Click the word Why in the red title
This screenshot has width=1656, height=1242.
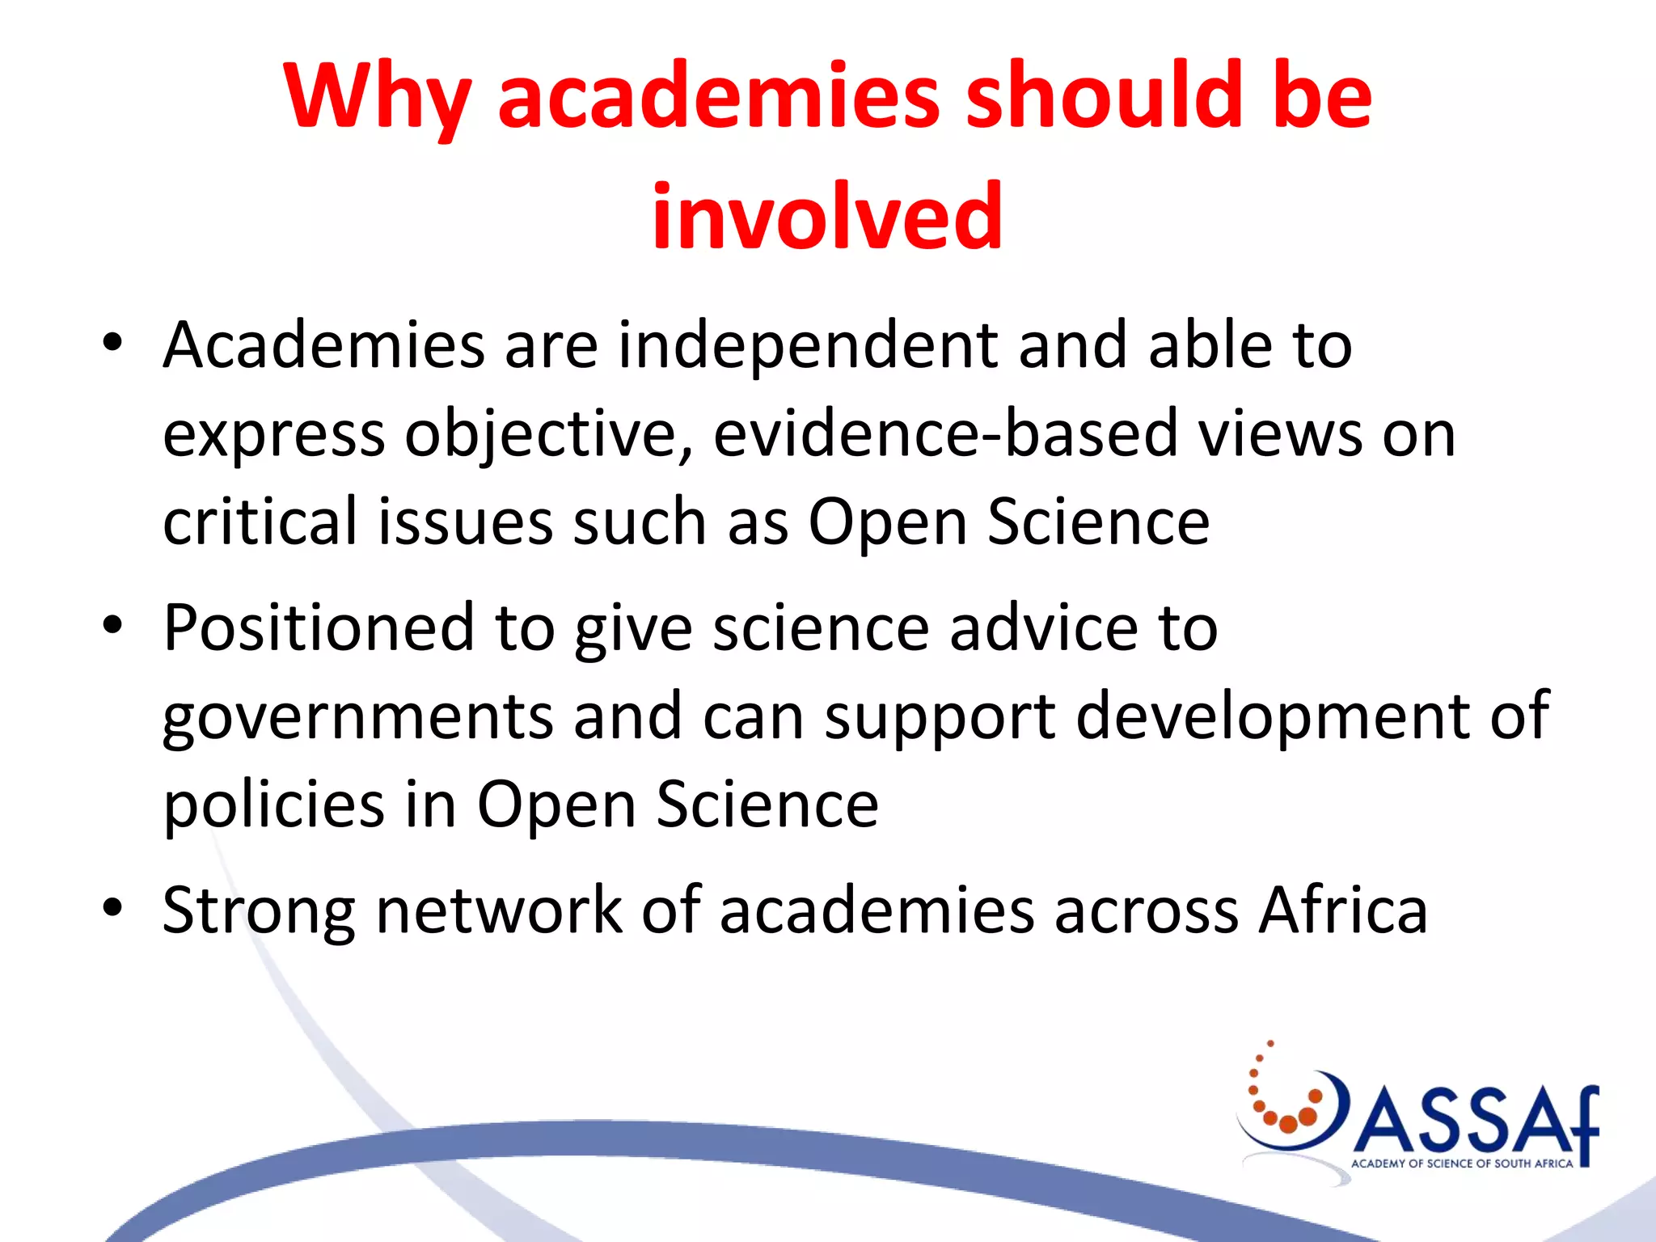pos(377,97)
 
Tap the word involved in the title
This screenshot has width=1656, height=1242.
pos(827,217)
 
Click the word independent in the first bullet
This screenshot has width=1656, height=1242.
pos(808,346)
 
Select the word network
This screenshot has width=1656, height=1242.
pos(499,910)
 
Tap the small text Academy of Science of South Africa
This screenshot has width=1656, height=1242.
pos(1462,1164)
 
